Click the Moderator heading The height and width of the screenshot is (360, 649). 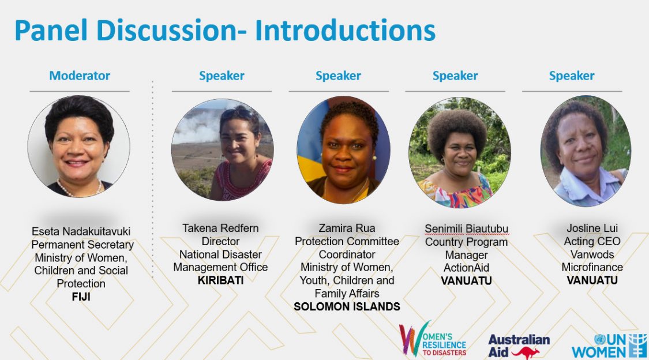[x=80, y=76]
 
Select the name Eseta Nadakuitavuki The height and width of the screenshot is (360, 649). [x=81, y=231]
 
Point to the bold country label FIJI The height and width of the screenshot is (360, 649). [x=81, y=297]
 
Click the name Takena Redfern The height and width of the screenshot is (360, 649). [x=220, y=228]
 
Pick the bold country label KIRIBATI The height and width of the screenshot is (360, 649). [x=220, y=280]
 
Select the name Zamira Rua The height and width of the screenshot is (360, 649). [x=347, y=228]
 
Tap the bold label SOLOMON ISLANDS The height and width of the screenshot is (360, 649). [x=347, y=307]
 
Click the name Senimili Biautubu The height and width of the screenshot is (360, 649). [x=466, y=229]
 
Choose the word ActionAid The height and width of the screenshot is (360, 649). [x=466, y=268]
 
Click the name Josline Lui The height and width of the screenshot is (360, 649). [x=592, y=228]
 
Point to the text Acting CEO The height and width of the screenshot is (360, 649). [x=592, y=241]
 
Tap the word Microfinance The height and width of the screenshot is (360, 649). [x=592, y=268]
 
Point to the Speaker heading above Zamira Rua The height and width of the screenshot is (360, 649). [x=338, y=76]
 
